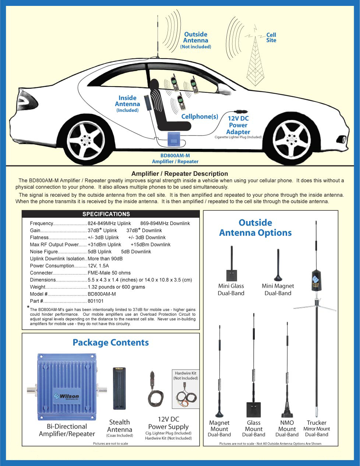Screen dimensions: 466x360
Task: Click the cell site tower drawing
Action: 255,63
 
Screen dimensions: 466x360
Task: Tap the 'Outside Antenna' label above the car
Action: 195,38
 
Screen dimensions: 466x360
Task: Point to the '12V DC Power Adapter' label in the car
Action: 238,125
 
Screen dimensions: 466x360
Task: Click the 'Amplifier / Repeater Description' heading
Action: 180,174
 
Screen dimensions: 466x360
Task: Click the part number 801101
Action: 95,301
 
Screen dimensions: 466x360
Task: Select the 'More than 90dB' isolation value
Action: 105,259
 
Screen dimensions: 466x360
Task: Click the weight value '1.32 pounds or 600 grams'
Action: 116,287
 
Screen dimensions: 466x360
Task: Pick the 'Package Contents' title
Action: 111,343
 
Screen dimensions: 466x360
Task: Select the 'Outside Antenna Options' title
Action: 255,228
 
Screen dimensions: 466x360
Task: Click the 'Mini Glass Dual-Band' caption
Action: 231,290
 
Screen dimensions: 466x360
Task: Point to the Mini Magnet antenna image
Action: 278,265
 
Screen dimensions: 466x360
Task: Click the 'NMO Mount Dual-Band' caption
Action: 287,429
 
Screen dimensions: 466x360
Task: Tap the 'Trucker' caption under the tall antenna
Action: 317,423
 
